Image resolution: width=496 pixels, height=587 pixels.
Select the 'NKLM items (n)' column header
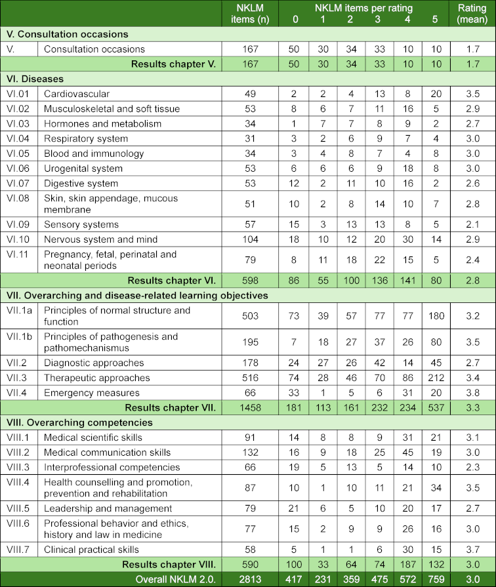coord(250,13)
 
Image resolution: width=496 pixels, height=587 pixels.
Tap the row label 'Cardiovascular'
coord(77,94)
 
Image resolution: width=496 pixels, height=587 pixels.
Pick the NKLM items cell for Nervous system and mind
coord(250,239)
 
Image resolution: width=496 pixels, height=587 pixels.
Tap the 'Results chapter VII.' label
coord(173,408)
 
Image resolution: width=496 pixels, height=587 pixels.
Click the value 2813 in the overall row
coord(250,580)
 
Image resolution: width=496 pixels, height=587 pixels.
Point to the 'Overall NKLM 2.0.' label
coord(176,580)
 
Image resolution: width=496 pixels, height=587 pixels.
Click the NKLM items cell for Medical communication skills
coord(250,453)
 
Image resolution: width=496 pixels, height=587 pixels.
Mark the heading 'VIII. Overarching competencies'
coord(78,423)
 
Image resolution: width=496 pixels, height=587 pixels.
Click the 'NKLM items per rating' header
coord(363,7)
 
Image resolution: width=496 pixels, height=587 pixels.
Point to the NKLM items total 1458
coord(250,408)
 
